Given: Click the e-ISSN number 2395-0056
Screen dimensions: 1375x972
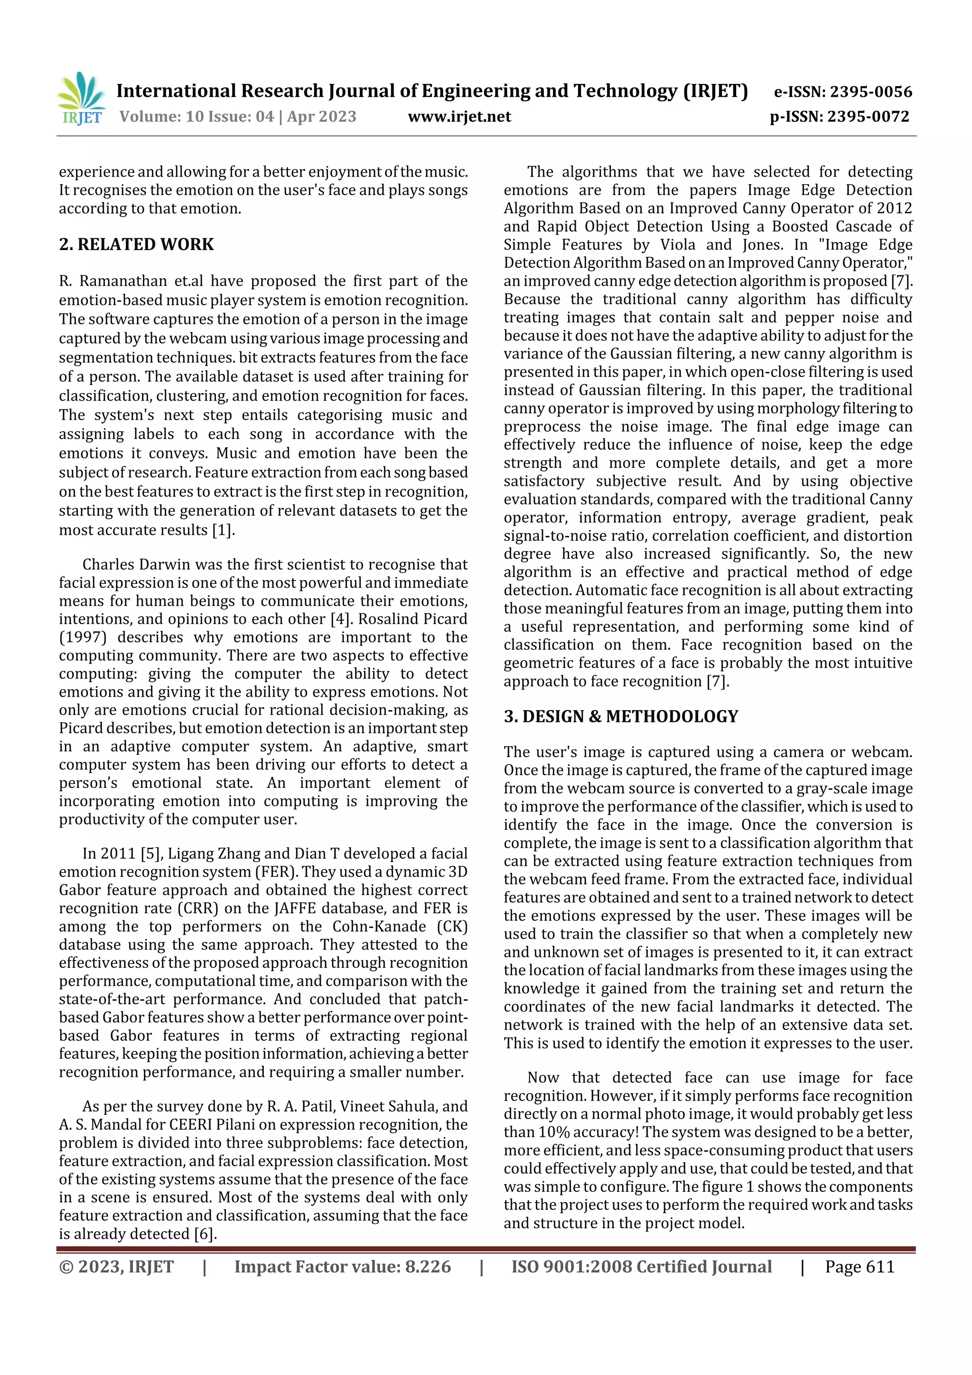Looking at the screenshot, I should (870, 92).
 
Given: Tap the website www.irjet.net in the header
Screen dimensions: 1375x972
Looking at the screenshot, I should (459, 117).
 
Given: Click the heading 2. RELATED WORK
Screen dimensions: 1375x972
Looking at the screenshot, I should (137, 244).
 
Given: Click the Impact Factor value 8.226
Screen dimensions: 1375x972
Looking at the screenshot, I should (428, 1267).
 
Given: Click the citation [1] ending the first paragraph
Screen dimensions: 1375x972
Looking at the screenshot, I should (223, 530).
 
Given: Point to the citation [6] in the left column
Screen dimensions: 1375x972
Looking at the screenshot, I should (205, 1234).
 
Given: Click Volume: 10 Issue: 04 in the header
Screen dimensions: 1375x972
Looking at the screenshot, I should (196, 117).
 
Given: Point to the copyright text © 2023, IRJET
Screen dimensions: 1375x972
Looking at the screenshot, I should (116, 1267).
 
